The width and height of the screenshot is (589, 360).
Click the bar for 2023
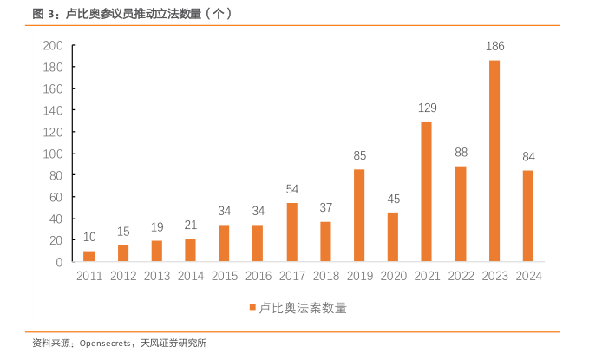click(494, 160)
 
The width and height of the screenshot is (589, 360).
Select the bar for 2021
click(427, 192)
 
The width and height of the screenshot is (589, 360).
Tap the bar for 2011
click(89, 256)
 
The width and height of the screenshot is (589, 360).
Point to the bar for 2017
click(292, 232)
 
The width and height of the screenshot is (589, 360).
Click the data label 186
click(494, 46)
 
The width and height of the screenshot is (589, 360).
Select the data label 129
click(427, 108)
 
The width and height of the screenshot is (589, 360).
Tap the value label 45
click(393, 199)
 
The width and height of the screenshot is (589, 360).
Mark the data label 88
click(461, 153)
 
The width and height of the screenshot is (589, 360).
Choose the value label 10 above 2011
click(89, 237)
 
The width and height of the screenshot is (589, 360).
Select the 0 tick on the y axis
click(58, 262)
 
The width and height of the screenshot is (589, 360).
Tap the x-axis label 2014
click(190, 276)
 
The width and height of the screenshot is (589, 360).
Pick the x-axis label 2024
click(528, 276)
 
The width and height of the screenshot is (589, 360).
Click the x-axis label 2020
click(393, 276)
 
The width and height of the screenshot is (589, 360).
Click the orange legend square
click(252, 307)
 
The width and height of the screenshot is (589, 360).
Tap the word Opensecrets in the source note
click(106, 344)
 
